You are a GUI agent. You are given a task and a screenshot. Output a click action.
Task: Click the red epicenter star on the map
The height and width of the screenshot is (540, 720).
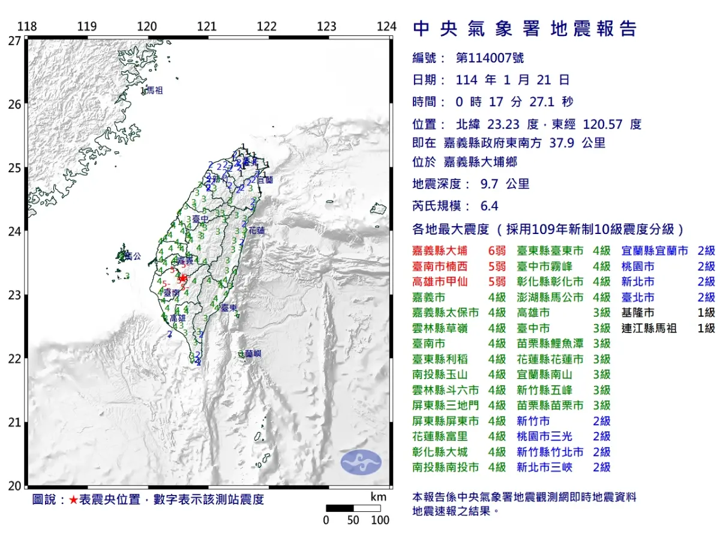coord(184,278)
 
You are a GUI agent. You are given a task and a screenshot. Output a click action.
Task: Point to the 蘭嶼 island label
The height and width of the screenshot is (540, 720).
coord(253,354)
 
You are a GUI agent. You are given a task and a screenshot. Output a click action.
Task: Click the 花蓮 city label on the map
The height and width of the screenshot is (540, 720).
coord(256,230)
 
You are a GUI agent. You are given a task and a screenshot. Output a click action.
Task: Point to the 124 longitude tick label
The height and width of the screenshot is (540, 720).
coord(387,27)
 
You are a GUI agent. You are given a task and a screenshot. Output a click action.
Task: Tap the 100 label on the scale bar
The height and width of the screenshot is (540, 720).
coord(380,520)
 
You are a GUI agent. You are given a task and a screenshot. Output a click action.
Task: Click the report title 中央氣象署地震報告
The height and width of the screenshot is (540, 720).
coord(525,29)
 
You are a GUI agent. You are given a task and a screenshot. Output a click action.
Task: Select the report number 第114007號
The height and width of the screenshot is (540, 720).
coord(490,58)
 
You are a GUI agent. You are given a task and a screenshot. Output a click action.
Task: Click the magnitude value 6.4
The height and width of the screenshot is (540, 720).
coord(490,206)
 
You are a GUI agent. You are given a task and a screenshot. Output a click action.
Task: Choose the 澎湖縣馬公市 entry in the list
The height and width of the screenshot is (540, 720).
coord(550,298)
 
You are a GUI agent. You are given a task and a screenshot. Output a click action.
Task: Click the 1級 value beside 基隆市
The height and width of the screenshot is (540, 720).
coord(706,313)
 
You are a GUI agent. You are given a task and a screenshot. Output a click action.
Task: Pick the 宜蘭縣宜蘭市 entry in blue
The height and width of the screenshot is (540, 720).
coord(655,251)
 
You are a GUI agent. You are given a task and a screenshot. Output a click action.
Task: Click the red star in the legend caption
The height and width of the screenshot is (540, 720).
coord(73,500)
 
